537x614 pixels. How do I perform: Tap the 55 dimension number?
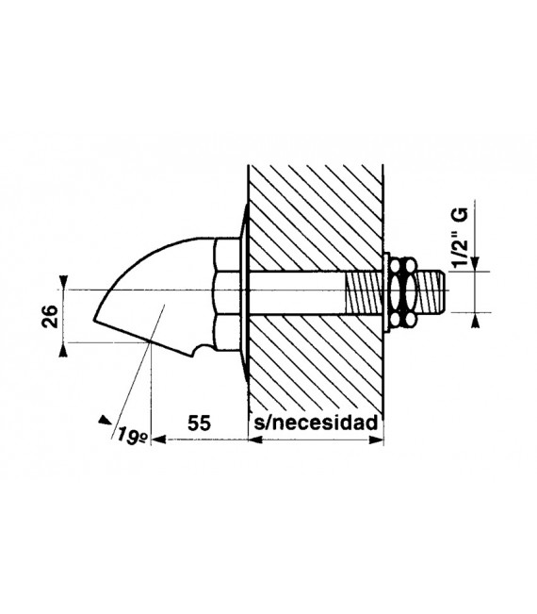tap(199, 423)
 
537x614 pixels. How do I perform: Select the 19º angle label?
tap(132, 436)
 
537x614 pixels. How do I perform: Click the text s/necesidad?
tap(316, 423)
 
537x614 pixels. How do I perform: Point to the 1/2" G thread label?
tap(462, 238)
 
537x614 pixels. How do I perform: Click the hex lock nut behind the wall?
tap(403, 291)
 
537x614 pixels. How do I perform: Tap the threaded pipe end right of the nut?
tap(430, 290)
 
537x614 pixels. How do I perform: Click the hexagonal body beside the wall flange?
tap(227, 294)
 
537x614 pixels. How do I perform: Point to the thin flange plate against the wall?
tap(244, 292)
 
